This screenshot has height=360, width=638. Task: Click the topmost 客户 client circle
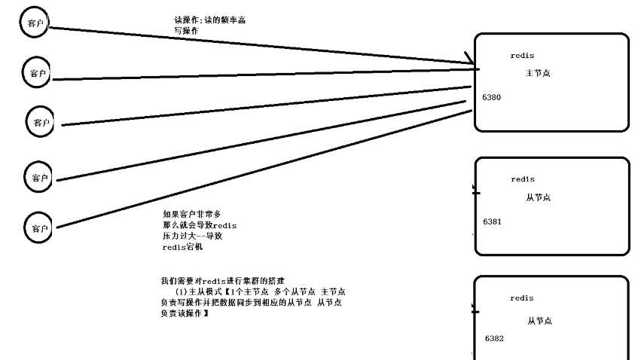point(35,23)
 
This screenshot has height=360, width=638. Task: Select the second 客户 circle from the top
point(38,73)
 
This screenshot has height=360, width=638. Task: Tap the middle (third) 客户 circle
point(41,122)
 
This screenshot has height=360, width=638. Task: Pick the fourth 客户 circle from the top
point(39,178)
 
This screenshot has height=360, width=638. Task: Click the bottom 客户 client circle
point(39,226)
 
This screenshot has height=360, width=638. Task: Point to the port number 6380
point(492,98)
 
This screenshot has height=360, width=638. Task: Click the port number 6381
point(492,221)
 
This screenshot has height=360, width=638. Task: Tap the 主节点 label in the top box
point(538,73)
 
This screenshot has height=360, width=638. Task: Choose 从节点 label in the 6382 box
point(539,321)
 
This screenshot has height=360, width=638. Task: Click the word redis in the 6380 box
point(522,56)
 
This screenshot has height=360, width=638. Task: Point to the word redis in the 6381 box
point(522,179)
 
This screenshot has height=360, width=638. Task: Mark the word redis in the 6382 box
point(522,298)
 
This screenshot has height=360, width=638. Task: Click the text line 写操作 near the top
point(186,31)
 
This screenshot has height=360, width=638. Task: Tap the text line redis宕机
point(182,246)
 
